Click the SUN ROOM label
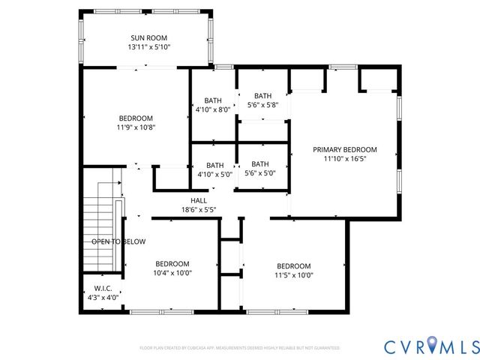[148, 37]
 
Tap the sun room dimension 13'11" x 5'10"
[148, 47]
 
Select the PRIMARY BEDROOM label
[344, 149]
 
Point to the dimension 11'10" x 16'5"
[344, 159]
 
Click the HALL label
[198, 200]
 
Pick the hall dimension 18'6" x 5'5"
[198, 210]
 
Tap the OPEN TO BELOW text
[118, 241]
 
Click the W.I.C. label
[102, 288]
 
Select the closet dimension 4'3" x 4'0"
[102, 297]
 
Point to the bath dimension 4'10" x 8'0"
[214, 109]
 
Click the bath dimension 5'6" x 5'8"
[262, 105]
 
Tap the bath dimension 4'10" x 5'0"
[214, 175]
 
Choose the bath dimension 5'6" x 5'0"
[260, 173]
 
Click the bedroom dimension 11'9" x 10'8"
[135, 127]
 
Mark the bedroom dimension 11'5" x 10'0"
[294, 275]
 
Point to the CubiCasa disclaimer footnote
[240, 348]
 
